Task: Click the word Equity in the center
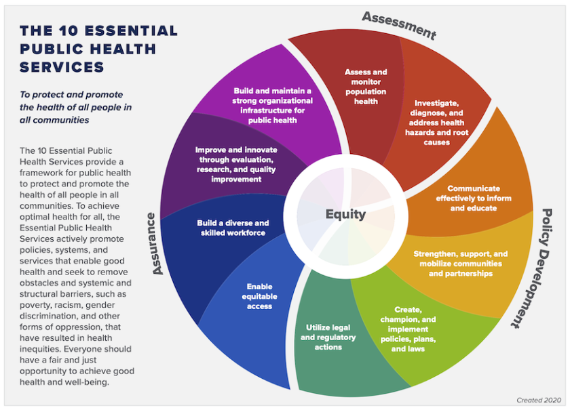click(x=345, y=215)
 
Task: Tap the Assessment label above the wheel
click(x=398, y=24)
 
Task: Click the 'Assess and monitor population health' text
click(x=365, y=87)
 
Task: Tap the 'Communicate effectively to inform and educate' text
click(x=474, y=198)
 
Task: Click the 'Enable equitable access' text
click(x=259, y=296)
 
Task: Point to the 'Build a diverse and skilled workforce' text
click(x=233, y=228)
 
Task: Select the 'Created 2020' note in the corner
click(x=539, y=401)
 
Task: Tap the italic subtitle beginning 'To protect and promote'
click(x=75, y=107)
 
